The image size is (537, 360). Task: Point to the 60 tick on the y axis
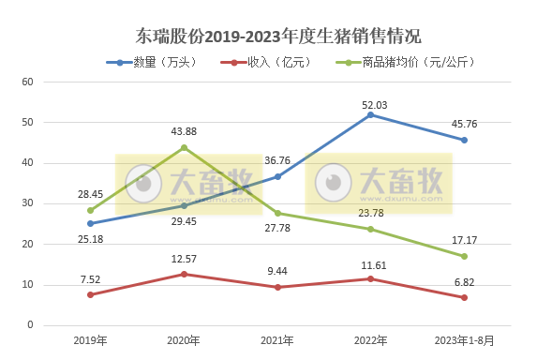pyautogui.click(x=27, y=82)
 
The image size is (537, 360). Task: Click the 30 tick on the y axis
pyautogui.click(x=27, y=203)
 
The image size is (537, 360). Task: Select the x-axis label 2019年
pyautogui.click(x=91, y=340)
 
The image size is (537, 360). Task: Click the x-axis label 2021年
pyautogui.click(x=277, y=340)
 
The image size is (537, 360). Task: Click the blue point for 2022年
pyautogui.click(x=370, y=114)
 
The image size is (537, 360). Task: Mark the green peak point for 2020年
pyautogui.click(x=184, y=147)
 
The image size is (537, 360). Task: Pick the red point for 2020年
pyautogui.click(x=184, y=274)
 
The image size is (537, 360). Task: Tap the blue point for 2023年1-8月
pyautogui.click(x=464, y=140)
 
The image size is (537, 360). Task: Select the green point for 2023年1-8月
pyautogui.click(x=464, y=256)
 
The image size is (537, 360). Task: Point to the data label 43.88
pyautogui.click(x=184, y=131)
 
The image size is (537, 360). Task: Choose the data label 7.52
pyautogui.click(x=91, y=278)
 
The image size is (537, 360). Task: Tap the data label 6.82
pyautogui.click(x=465, y=281)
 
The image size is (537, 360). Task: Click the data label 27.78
pyautogui.click(x=277, y=229)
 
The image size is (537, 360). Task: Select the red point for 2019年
pyautogui.click(x=91, y=294)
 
